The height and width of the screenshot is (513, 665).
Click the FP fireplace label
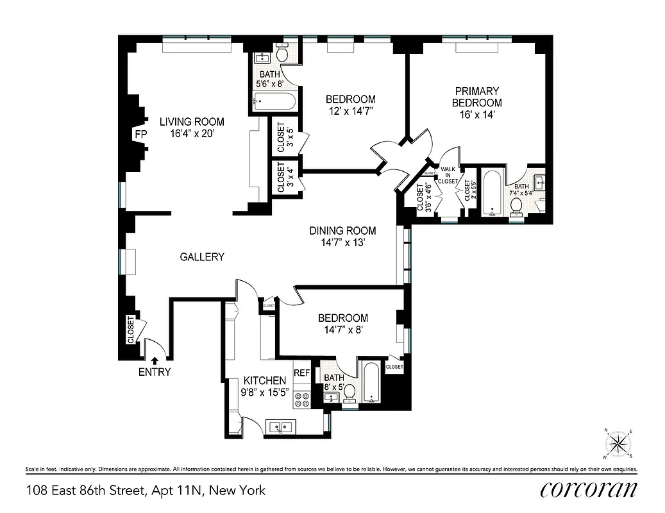coord(140,134)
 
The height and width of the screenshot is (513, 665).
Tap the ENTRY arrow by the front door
coord(154,362)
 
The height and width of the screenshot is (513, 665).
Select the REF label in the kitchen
coord(301,373)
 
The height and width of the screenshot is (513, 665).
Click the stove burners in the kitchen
coord(301,400)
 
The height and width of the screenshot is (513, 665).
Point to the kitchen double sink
coord(281,426)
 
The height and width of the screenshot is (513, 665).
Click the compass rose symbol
coord(618,442)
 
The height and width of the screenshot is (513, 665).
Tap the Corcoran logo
coord(589,490)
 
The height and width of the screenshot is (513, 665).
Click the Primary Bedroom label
coord(476,97)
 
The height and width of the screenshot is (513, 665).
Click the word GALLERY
coord(202,257)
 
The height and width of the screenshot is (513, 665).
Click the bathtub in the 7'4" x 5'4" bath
coord(492,193)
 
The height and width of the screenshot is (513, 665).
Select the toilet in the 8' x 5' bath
coord(350,393)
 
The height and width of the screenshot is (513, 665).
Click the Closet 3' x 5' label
coord(281,137)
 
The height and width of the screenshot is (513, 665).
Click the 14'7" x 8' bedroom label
coord(343,323)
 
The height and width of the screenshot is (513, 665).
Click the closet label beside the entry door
coord(131,330)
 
